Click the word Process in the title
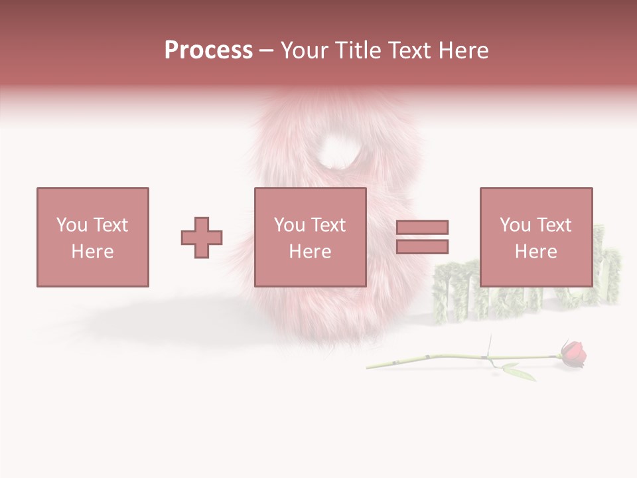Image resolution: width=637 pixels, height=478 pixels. point(208,50)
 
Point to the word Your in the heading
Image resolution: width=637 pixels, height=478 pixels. point(306,50)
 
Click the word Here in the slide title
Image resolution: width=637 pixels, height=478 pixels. point(462,50)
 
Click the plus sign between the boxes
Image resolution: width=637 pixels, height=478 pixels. point(202,238)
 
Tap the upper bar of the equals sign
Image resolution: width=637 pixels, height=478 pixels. point(422,227)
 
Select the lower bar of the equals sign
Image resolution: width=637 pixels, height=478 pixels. point(422,247)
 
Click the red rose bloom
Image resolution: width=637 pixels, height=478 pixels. point(573,354)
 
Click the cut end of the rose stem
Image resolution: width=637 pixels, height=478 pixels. point(369,365)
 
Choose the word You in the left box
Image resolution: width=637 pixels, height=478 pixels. point(71,225)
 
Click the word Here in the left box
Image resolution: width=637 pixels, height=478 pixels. point(92,252)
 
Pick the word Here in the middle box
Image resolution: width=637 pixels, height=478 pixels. point(310,252)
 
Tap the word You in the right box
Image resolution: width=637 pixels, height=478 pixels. point(514,225)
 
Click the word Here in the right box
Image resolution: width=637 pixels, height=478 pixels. point(535,252)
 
